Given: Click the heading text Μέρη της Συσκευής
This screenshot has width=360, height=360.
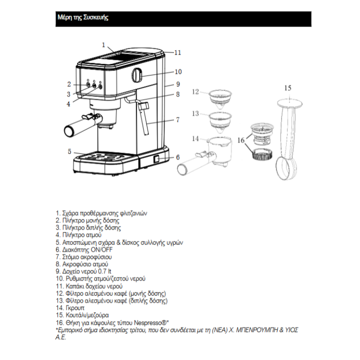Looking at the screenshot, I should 83,18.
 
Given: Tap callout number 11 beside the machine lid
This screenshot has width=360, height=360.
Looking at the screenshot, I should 177,52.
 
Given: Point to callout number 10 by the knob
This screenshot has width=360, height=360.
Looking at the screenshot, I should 178,71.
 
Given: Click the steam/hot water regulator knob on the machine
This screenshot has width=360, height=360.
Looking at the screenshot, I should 137,76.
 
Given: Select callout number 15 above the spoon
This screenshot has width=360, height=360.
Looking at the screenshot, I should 287,88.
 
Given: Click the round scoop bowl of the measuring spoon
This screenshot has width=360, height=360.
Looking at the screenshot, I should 287,169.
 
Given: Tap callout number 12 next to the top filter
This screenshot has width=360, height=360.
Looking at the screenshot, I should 195,91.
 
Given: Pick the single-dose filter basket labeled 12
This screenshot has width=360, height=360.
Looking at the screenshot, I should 222,98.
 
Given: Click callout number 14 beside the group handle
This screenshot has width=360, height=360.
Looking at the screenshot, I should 195,138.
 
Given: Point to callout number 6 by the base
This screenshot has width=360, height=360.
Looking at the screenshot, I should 177,157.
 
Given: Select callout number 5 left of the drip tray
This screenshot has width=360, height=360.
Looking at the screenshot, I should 69,151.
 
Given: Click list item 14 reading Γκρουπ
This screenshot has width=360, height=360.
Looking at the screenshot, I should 73,308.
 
